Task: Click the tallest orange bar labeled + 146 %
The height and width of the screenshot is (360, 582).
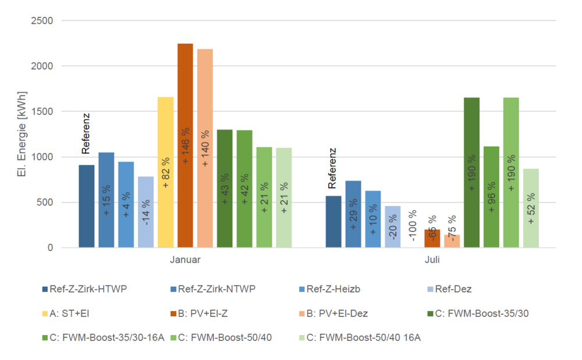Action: coord(185,145)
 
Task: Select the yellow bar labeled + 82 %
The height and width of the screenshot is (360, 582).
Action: coord(165,172)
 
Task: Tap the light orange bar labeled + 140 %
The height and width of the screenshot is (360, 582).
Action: coord(205,148)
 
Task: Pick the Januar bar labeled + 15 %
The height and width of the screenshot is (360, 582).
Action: coord(106,200)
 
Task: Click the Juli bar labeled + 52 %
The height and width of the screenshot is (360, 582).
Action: coord(531,208)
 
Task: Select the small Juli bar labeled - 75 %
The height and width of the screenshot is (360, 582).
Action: coord(452,241)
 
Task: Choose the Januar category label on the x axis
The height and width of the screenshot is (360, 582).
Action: coord(184,260)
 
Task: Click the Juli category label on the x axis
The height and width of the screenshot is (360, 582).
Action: coord(432,260)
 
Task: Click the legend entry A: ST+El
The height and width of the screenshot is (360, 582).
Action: coord(69,313)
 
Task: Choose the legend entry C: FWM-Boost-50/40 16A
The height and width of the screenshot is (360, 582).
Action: coord(363,338)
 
